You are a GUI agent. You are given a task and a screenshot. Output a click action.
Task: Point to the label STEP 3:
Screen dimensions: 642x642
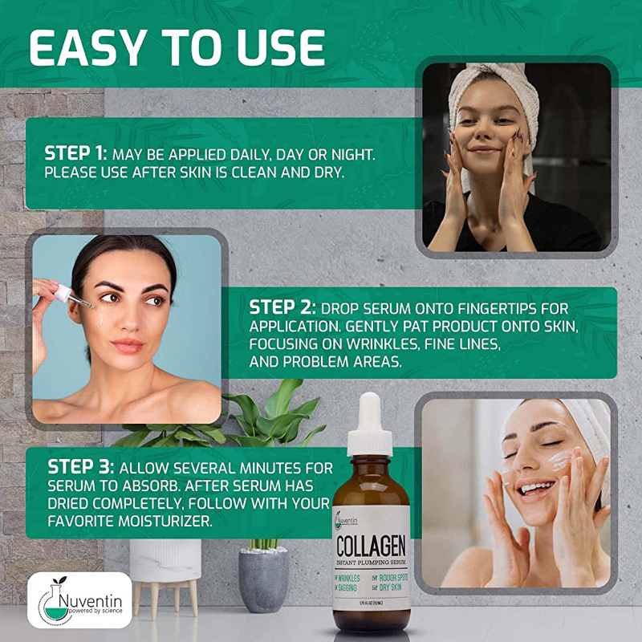pos(80,467)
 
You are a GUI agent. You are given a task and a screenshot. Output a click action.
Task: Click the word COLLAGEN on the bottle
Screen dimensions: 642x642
pos(371,549)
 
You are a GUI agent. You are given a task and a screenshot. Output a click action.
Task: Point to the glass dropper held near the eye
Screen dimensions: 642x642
pos(76,300)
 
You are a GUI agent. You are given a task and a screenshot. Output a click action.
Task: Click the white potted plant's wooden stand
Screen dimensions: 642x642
pos(164,595)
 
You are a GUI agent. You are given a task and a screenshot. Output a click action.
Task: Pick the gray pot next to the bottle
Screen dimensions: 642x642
pos(263,579)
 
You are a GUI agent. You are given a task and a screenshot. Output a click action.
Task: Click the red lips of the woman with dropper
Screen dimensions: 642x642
pos(128,345)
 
